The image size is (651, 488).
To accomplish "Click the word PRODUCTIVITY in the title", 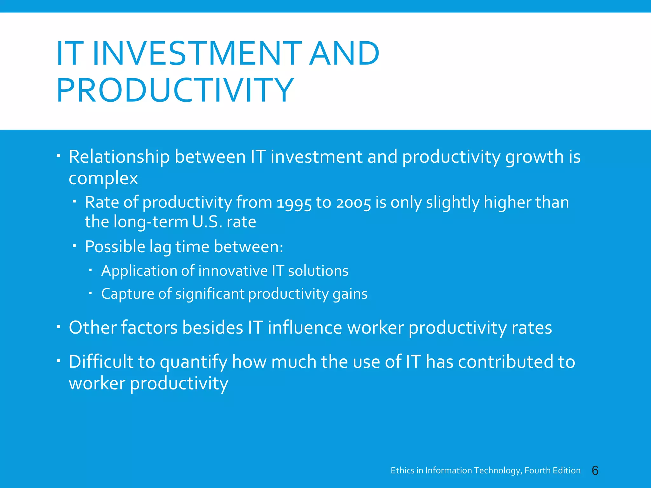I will [x=175, y=90].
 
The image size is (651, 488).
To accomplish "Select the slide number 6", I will [x=595, y=471].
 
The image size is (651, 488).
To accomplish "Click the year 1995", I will [x=294, y=203].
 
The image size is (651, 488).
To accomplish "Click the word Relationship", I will [x=119, y=157].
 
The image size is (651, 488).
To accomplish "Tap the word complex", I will [x=103, y=178].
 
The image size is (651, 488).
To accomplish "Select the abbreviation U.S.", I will [x=207, y=222].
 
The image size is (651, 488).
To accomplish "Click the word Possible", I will [x=115, y=247].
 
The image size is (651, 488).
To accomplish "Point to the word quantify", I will [x=193, y=363].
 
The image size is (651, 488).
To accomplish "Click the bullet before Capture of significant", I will [x=91, y=293].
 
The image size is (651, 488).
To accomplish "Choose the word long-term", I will [x=151, y=222].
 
